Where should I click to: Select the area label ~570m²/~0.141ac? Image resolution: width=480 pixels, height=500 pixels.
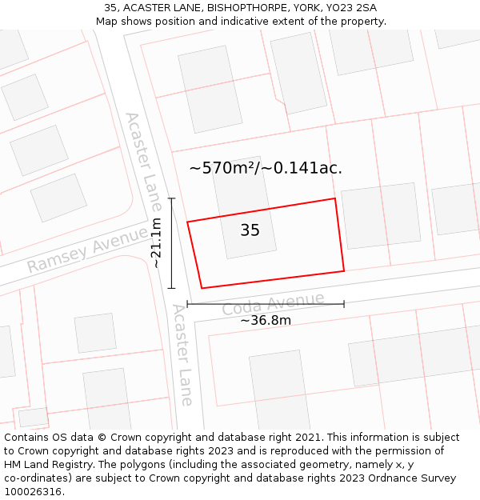point(266,168)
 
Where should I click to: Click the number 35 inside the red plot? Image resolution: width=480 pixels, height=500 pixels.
point(250,230)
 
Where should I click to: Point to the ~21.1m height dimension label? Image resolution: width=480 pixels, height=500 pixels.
point(157,242)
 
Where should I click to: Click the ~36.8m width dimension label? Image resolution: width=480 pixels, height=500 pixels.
point(266,320)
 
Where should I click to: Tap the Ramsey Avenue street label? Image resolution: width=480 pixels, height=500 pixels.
point(87,250)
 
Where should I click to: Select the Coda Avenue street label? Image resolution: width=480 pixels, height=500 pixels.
point(273,305)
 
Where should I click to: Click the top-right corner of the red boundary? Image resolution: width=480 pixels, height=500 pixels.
point(334,198)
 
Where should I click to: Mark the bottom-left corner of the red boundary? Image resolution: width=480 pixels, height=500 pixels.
point(202,288)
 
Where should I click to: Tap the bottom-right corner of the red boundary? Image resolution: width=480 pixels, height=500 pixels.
point(344,271)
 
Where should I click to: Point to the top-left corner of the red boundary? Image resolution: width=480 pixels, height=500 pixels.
point(187,222)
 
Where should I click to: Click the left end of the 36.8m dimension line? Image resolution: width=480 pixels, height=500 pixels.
point(187,304)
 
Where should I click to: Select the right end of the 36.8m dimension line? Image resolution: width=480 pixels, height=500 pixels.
point(344,304)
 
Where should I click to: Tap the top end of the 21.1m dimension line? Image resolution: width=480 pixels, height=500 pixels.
point(171,198)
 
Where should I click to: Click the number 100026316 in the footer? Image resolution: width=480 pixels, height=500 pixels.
point(34,491)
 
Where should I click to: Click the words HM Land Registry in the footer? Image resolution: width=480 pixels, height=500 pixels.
point(44,464)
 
